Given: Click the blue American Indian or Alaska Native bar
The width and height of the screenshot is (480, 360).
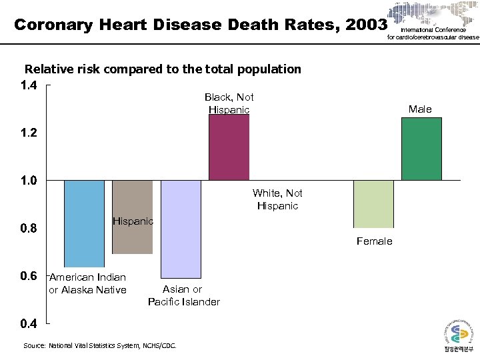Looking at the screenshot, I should pos(84,223).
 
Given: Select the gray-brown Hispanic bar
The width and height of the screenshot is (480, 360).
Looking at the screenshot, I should pos(132,217).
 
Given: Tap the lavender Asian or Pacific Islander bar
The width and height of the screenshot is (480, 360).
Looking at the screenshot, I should pos(181,229).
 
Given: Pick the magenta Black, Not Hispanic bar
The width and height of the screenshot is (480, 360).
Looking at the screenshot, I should pos(229,147).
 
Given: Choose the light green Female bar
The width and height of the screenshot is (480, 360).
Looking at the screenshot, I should pos(373,204).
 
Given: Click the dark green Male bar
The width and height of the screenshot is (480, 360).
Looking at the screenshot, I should pos(421,149).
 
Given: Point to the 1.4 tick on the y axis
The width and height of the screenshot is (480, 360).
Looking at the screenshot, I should pos(29,85).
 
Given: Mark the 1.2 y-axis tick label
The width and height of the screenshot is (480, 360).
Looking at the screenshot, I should pos(29,133).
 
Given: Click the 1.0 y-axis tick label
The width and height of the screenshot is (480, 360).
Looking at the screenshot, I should pos(29,181).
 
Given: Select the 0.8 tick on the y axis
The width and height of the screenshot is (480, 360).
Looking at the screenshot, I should pos(29,229).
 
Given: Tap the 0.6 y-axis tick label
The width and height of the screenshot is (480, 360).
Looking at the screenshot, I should pos(29,276).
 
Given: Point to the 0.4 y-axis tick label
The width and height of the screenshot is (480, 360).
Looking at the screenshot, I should pos(29,324).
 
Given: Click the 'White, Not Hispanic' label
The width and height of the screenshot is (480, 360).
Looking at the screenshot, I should pos(277,199).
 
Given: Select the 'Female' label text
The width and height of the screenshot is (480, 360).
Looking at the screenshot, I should pos(374,241).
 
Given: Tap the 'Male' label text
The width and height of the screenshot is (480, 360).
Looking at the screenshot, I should pos(420,109).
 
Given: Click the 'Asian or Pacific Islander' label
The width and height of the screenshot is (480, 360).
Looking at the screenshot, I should pos(183,295).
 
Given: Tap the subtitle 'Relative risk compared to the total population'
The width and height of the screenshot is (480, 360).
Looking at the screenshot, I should pos(163,69).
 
